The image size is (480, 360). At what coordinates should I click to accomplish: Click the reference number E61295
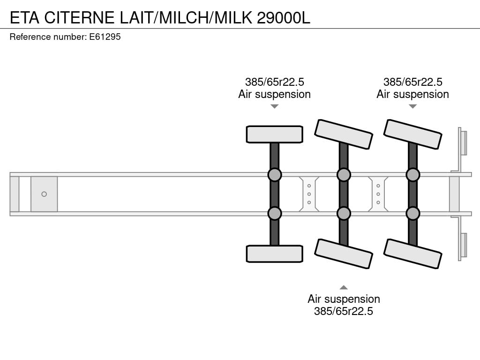(x=105, y=37)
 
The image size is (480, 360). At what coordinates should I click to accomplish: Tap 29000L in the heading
(x=284, y=17)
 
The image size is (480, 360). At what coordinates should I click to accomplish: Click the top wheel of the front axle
(x=274, y=134)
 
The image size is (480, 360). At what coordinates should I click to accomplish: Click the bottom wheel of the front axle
(x=274, y=254)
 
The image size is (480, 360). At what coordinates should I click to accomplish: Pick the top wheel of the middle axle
(x=344, y=134)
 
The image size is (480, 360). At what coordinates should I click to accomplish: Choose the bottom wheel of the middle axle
(x=344, y=254)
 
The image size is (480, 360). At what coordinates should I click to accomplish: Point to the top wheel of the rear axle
(x=412, y=134)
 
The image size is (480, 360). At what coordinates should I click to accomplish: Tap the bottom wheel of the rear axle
(x=412, y=254)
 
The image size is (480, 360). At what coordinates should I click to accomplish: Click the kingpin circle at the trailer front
(x=44, y=194)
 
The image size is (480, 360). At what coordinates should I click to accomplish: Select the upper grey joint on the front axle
(x=274, y=175)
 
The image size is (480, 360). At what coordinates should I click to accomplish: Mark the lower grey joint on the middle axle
(x=344, y=213)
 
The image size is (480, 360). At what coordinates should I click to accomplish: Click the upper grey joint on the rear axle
(x=412, y=175)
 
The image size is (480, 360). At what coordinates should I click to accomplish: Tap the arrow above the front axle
(x=274, y=106)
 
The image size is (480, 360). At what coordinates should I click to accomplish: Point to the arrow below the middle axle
(x=344, y=287)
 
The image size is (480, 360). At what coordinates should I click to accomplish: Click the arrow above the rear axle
(x=412, y=106)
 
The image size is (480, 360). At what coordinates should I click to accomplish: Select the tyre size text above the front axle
(x=274, y=82)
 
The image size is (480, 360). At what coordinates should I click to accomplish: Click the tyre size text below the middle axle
(x=344, y=311)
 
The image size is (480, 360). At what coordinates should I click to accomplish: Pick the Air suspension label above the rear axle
(x=412, y=94)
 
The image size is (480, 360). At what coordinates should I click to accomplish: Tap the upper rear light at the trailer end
(x=463, y=142)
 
